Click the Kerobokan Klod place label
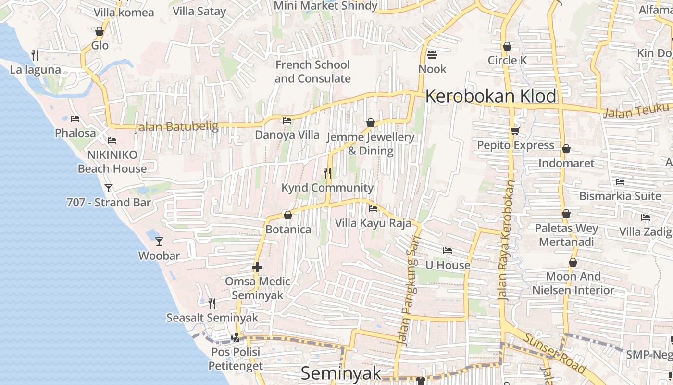(x=491, y=96)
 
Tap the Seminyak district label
(x=341, y=373)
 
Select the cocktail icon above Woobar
(x=159, y=241)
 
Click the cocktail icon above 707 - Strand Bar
(x=109, y=188)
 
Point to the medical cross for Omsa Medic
(x=257, y=267)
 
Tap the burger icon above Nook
(x=432, y=54)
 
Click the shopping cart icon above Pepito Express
(x=515, y=131)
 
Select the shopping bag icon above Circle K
(x=507, y=46)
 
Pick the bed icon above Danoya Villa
(x=287, y=121)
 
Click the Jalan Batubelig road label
(x=176, y=127)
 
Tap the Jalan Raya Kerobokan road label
(x=507, y=241)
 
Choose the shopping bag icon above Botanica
(x=288, y=215)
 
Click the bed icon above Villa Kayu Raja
(x=373, y=209)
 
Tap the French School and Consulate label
(x=312, y=71)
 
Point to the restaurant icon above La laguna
(x=35, y=55)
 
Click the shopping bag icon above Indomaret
(x=566, y=149)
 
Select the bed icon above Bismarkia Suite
(x=620, y=182)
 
